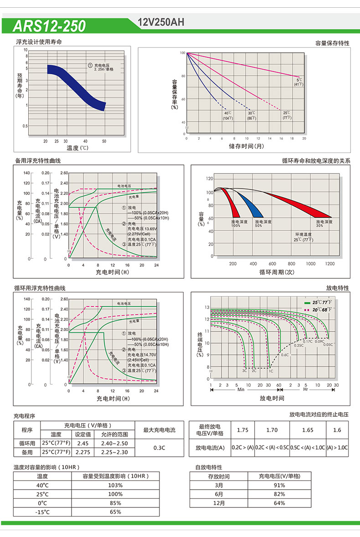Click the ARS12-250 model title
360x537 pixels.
[49, 26]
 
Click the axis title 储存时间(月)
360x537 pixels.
[246, 146]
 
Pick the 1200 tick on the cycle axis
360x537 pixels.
[329, 264]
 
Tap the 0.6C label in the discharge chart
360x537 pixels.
[285, 354]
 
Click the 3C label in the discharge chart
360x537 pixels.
[245, 371]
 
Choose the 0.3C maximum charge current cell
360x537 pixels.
[159, 448]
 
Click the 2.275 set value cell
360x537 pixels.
[82, 452]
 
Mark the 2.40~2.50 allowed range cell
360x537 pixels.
[114, 443]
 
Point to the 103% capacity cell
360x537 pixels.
[115, 485]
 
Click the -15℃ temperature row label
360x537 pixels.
[42, 512]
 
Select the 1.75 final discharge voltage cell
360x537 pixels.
[243, 430]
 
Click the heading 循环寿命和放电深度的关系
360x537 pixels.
[316, 161]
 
